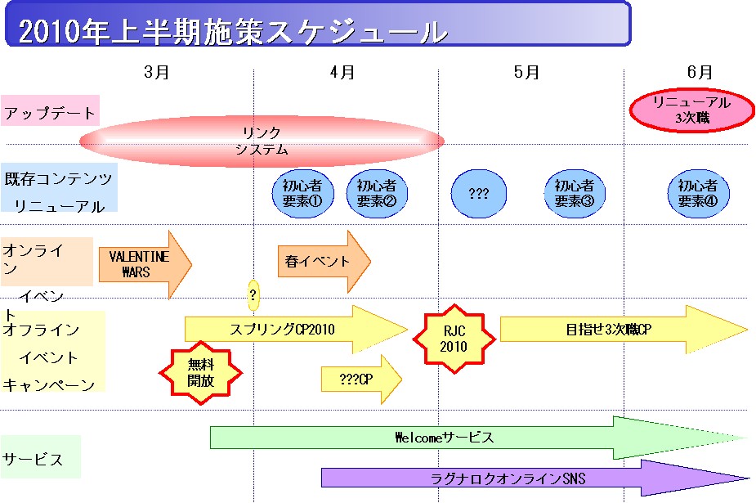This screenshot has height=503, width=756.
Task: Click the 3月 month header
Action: click(x=156, y=72)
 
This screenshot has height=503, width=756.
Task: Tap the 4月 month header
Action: click(x=342, y=72)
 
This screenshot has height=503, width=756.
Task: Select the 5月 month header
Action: click(x=527, y=72)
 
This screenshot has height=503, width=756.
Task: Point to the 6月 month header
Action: click(x=700, y=72)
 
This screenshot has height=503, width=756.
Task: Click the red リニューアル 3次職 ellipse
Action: click(x=691, y=110)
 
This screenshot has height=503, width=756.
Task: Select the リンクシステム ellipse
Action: click(x=262, y=141)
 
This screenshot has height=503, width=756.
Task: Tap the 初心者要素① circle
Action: click(x=302, y=193)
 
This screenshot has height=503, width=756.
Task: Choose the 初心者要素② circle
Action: click(x=377, y=193)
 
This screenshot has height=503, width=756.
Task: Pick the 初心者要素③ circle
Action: click(x=574, y=193)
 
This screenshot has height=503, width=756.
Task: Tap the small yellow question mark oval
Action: click(x=253, y=294)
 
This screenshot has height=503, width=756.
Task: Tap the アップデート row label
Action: click(x=50, y=112)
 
